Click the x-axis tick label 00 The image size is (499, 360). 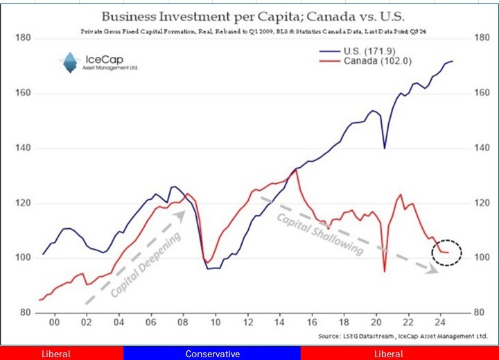pos(53,323)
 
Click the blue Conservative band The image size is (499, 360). pos(212,354)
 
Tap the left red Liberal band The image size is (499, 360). pos(61,354)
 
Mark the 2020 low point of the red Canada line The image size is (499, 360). pos(385,271)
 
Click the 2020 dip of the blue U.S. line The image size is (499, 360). pos(384,148)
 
